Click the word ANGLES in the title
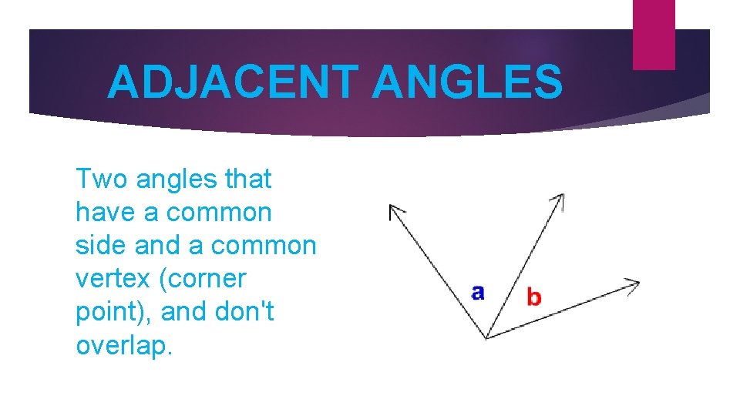(x=467, y=82)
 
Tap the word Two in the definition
(x=101, y=179)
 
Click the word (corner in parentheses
(x=201, y=280)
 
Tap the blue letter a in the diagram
(x=478, y=292)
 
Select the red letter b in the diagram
(x=533, y=296)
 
